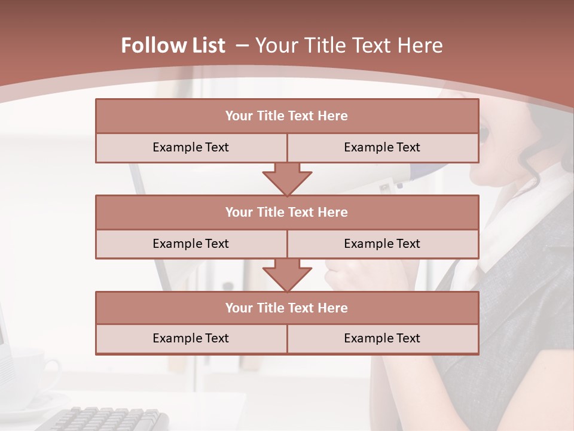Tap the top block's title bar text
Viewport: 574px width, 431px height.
(286, 116)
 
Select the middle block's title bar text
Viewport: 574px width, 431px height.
(286, 212)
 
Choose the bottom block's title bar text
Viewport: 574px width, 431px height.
(286, 308)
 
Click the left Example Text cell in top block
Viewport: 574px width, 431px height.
(191, 147)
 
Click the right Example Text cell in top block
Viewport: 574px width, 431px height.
(382, 147)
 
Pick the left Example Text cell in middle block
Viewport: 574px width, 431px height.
(191, 244)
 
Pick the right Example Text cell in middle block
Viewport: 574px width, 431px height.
(382, 244)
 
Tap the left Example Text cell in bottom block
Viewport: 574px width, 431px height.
(191, 338)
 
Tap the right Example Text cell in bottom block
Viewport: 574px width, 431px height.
(382, 338)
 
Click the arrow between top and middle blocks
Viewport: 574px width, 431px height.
(287, 179)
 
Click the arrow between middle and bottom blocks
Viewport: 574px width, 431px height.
(287, 275)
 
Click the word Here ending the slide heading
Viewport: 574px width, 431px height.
(422, 45)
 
